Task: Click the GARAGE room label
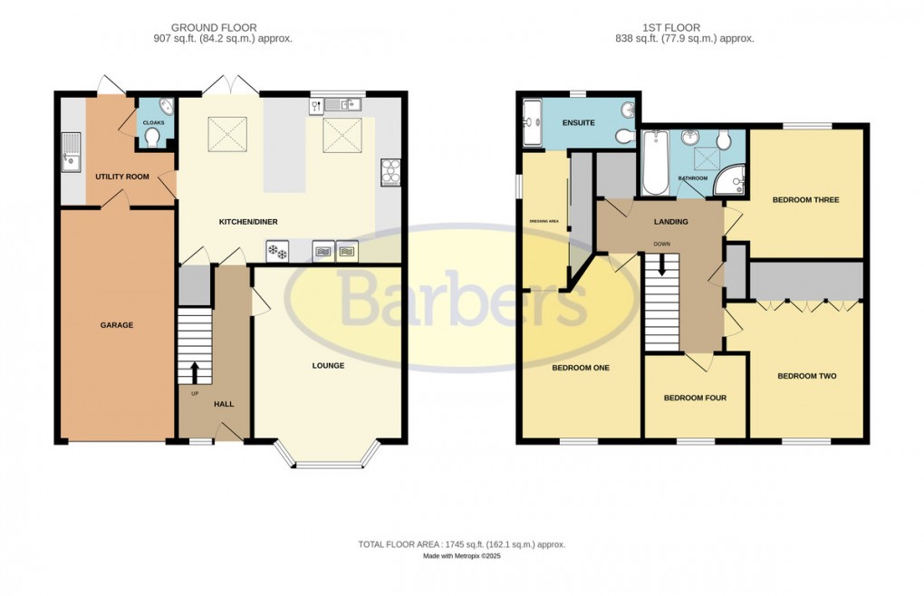pos(117,325)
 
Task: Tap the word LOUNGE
pos(328,366)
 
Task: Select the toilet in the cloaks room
pos(153,136)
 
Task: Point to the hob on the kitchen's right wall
pos(391,170)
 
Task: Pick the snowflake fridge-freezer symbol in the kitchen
pos(275,251)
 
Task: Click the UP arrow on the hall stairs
pos(194,371)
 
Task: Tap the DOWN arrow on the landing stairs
pos(662,264)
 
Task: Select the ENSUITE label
pos(578,122)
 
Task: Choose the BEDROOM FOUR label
pos(695,398)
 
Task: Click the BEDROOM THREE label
pos(804,199)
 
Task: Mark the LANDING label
pos(671,222)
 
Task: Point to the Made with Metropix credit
pos(461,556)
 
